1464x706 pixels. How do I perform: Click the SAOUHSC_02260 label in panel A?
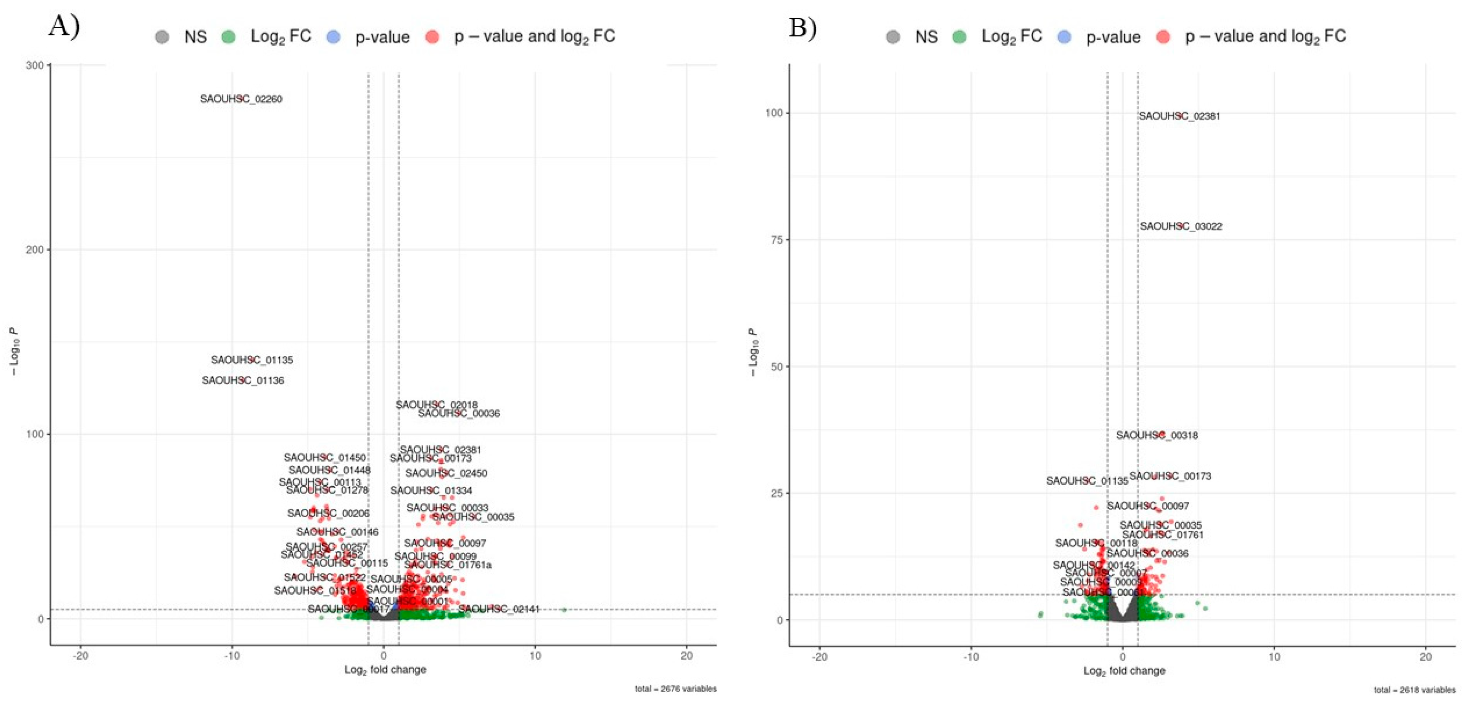tap(241, 99)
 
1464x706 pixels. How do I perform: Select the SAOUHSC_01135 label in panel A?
tap(252, 360)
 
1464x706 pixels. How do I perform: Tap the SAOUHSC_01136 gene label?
tap(242, 380)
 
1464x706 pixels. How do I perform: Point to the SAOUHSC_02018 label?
tap(437, 405)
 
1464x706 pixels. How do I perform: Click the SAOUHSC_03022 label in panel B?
tap(1180, 226)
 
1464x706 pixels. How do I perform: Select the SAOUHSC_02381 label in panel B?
tap(1179, 116)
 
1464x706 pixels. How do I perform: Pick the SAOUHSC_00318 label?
tap(1157, 436)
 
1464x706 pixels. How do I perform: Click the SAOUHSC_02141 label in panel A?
tap(498, 609)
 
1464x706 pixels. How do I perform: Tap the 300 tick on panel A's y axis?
tap(35, 65)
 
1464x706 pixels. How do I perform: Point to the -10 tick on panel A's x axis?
tap(231, 655)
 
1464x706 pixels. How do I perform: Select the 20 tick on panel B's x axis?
tap(1425, 656)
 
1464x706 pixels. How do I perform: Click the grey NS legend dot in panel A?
tap(162, 37)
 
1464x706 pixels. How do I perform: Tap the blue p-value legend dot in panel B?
tap(1064, 37)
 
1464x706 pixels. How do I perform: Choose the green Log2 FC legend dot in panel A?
tap(228, 37)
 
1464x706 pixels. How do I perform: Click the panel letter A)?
tap(64, 26)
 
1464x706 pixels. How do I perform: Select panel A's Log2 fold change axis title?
tap(385, 669)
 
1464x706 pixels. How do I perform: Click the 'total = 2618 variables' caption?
tap(1414, 690)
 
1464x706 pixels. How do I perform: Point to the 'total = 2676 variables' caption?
tap(675, 689)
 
